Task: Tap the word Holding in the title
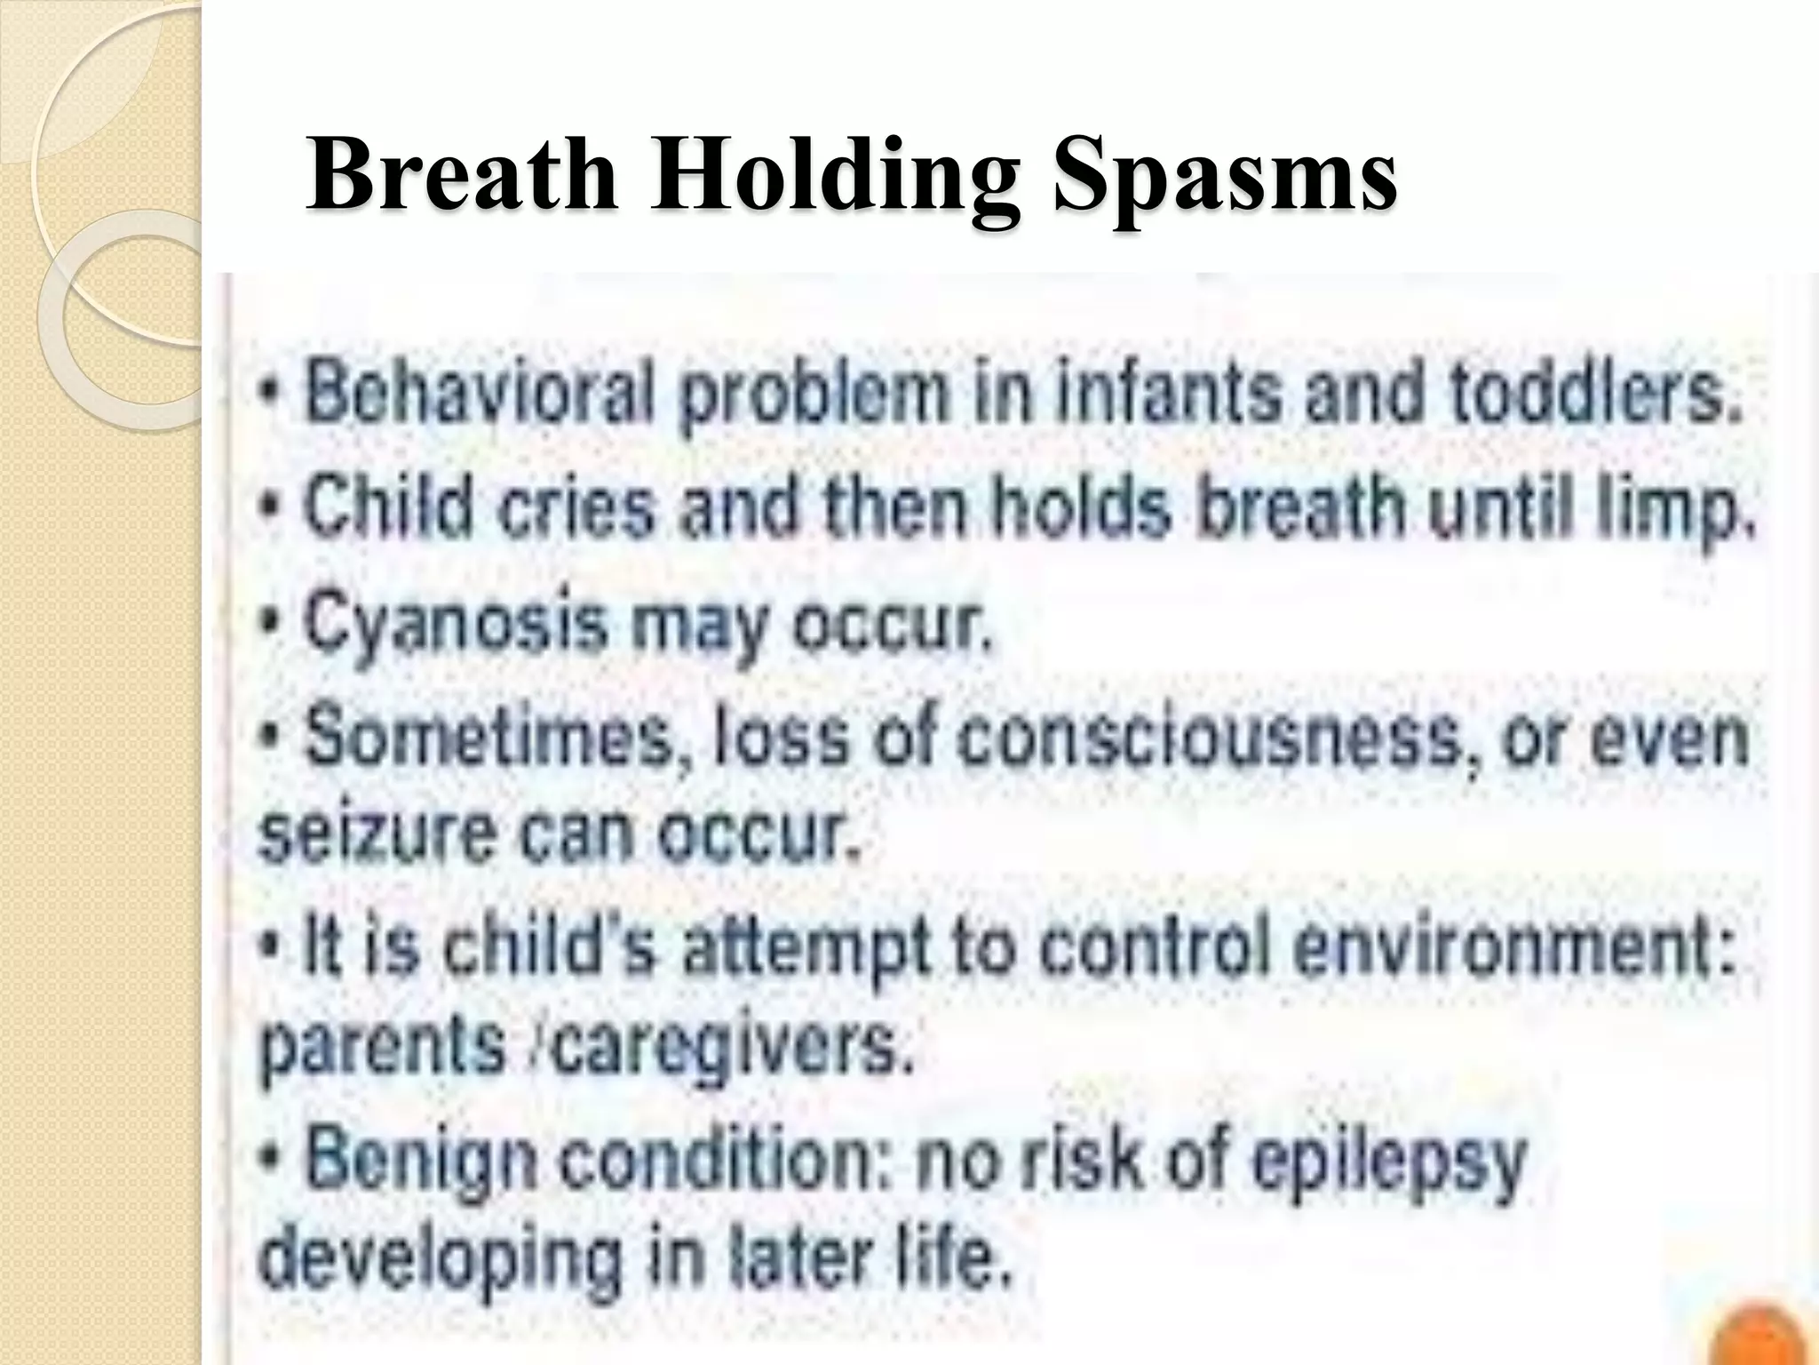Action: [834, 176]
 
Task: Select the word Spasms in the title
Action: [1224, 176]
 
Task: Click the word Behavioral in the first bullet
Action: [480, 392]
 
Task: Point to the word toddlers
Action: [1592, 392]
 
